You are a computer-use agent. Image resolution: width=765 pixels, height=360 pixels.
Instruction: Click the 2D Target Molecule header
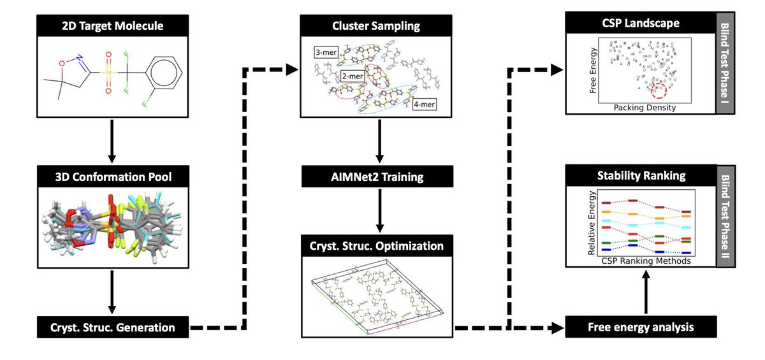pos(112,25)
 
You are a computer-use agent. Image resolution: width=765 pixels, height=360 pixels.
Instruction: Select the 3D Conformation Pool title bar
pos(113,176)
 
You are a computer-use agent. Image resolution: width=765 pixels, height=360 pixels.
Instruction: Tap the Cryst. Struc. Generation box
pos(113,328)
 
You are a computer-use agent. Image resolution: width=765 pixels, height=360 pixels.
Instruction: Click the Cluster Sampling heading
pos(376,25)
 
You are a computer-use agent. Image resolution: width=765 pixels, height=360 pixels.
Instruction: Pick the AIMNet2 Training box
pos(377,176)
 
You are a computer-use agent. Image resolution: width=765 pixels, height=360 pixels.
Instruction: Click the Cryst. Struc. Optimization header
pos(377,246)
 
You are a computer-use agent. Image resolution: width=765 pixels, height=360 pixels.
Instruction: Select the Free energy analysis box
pos(641,327)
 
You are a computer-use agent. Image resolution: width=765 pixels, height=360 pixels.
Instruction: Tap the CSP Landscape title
pos(641,23)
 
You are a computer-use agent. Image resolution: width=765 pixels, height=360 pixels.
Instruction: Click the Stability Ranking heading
pos(641,175)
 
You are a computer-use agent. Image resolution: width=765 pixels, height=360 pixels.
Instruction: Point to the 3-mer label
pos(326,52)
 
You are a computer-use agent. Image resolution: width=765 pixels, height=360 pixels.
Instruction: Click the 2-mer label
pos(353,76)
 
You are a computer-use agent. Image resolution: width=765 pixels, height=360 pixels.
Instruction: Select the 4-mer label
pos(424,104)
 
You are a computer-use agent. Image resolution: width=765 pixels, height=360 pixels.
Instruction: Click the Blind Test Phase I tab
pos(725,63)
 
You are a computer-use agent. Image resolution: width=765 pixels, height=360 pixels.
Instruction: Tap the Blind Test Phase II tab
pos(726,217)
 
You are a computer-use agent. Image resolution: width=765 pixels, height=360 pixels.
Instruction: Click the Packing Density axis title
pos(645,108)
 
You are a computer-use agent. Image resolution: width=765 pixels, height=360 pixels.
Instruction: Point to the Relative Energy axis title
pos(592,223)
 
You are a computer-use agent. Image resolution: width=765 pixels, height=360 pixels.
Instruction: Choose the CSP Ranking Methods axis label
pos(646,261)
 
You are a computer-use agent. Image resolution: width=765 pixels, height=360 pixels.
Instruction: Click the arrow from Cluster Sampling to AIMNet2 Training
pos(379,141)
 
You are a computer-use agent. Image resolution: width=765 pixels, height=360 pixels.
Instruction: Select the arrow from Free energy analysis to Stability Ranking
pos(645,292)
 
